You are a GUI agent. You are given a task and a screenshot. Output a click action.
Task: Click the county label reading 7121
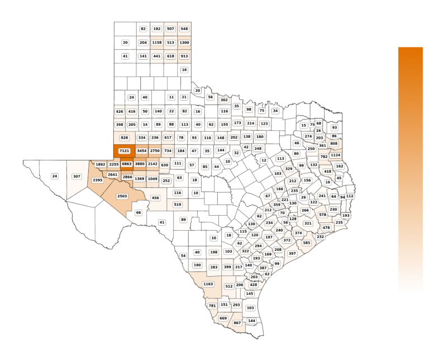[124, 151]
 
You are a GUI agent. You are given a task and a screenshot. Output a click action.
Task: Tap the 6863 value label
[127, 164]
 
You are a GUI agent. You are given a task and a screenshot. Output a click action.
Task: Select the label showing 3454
[142, 151]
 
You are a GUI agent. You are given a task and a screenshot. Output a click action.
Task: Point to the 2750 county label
[155, 151]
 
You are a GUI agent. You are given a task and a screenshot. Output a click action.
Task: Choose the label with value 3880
[140, 164]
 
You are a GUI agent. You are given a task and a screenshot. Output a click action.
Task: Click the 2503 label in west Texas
[123, 196]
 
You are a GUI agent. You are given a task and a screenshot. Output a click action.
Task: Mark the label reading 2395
[98, 180]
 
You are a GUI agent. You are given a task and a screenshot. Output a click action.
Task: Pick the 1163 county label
[208, 284]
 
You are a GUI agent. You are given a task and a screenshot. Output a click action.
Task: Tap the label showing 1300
[184, 42]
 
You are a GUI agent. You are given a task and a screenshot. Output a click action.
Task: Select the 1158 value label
[156, 42]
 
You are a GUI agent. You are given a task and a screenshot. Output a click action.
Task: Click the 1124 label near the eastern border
[336, 155]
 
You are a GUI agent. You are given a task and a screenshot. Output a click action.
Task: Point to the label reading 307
[77, 176]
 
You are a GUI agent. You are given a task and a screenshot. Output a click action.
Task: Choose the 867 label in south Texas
[237, 323]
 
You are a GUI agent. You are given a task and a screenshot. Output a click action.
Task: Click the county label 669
[223, 318]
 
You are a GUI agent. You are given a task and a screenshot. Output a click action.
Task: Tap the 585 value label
[306, 243]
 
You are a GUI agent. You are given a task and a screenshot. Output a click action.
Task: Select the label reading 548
[184, 28]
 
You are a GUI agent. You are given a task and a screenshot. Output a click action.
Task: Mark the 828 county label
[124, 137]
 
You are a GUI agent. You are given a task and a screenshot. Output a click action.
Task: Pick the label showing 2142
[152, 164]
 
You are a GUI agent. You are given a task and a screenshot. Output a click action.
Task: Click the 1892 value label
[101, 164]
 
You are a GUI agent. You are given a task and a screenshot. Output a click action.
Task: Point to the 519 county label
[178, 205]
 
